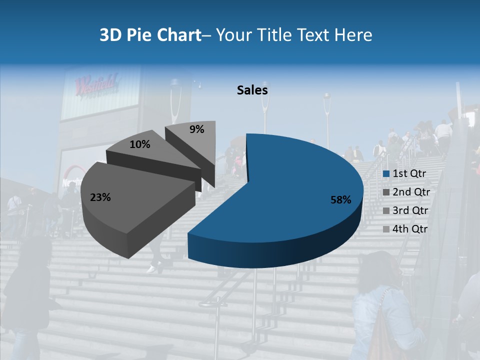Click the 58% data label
340,200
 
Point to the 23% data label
100,197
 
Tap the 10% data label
139,144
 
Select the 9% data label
197,129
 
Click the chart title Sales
252,90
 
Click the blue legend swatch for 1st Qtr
386,174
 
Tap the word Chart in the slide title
180,35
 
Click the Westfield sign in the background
96,83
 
